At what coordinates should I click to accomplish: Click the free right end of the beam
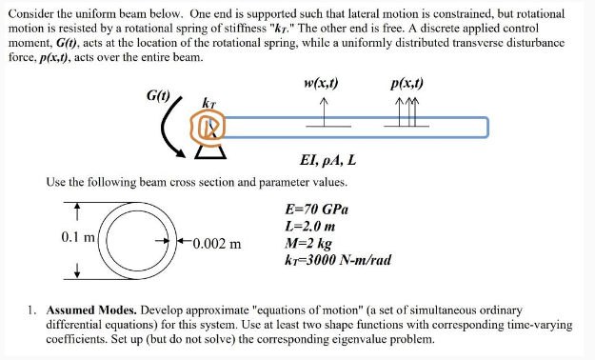tap(486, 127)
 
